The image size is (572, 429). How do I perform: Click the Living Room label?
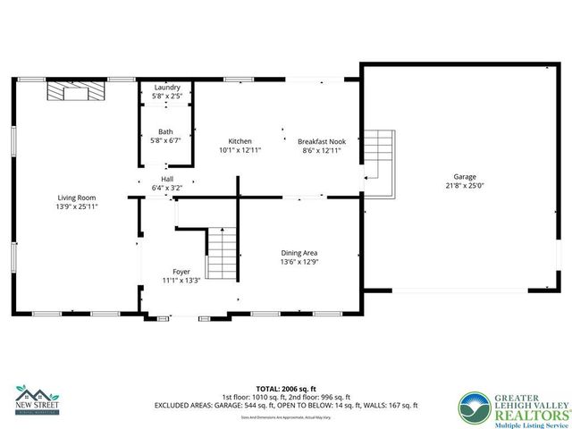click(x=77, y=198)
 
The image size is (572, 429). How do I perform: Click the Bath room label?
click(x=166, y=131)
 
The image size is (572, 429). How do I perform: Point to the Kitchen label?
click(x=240, y=141)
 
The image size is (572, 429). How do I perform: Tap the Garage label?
click(x=465, y=177)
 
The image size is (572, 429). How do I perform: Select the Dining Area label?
click(x=300, y=253)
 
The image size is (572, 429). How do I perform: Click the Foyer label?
click(x=181, y=271)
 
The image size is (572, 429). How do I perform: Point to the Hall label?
click(x=166, y=179)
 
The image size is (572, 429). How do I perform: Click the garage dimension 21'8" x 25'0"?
click(x=465, y=186)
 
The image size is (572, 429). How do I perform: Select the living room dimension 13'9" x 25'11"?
click(x=77, y=206)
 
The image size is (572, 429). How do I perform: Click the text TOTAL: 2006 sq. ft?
click(x=285, y=389)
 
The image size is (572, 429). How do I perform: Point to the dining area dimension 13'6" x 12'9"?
click(x=300, y=262)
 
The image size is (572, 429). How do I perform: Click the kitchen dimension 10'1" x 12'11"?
click(x=240, y=150)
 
